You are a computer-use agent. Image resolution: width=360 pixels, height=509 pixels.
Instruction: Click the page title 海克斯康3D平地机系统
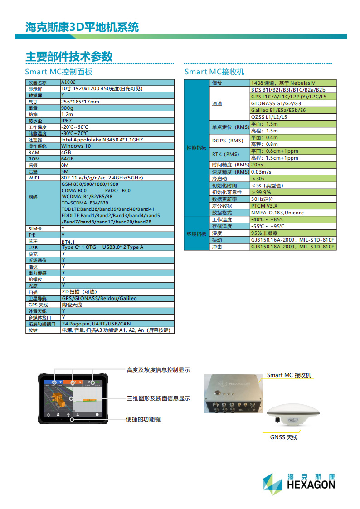point(82,27)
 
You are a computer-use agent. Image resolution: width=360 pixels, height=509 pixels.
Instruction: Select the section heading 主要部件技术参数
point(69,57)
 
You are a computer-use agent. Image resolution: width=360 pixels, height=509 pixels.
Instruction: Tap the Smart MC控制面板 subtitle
point(59,72)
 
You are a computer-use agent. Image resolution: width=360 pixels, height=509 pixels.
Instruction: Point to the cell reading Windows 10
point(76,146)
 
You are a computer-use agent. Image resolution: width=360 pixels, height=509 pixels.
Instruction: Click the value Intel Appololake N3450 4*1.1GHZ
point(102,140)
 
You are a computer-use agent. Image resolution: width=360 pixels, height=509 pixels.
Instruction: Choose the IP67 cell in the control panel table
point(67,121)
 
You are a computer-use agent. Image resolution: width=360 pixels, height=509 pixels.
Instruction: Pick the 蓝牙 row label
point(33,242)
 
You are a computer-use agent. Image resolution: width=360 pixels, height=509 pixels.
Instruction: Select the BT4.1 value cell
point(68,242)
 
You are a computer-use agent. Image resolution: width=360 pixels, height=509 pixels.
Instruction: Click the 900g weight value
point(67,108)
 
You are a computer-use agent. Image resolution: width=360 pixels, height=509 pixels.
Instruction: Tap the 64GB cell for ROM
point(68,159)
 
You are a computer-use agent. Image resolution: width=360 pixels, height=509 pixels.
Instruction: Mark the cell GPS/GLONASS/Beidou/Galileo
point(99,298)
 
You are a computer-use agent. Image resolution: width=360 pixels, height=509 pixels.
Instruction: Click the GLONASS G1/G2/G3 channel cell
point(276,103)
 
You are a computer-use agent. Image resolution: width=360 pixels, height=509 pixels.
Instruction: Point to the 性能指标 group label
point(196,148)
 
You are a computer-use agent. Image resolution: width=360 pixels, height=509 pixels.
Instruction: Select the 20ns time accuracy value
point(257,165)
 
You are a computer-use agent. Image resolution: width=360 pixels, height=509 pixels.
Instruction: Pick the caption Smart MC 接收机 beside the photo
point(289,375)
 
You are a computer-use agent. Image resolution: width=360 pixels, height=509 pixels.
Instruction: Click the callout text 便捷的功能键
point(143,419)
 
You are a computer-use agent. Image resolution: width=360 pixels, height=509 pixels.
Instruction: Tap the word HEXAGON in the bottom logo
point(311,485)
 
